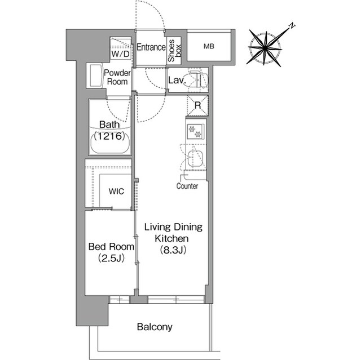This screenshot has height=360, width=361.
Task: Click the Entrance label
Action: (151, 47)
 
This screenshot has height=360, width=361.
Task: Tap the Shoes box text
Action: (174, 51)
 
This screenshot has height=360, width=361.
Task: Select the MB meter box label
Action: (209, 46)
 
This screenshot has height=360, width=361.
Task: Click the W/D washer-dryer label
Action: (120, 54)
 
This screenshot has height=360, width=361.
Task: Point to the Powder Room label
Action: (117, 77)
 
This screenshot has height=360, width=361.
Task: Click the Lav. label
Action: (177, 81)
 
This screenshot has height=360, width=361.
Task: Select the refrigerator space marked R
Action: (198, 105)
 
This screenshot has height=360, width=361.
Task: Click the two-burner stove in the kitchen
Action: (195, 132)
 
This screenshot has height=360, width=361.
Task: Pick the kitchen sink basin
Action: (196, 159)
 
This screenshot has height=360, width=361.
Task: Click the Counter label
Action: (187, 186)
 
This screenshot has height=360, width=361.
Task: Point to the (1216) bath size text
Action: (109, 136)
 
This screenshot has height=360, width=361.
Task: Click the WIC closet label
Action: (116, 191)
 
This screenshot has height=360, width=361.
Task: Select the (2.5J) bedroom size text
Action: (112, 258)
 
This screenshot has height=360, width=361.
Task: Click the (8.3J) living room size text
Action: (173, 250)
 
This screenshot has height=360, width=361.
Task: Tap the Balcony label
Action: (155, 327)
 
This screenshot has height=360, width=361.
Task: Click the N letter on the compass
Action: (292, 25)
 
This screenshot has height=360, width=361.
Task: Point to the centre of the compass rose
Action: (265, 48)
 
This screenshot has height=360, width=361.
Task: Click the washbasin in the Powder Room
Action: (95, 75)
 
